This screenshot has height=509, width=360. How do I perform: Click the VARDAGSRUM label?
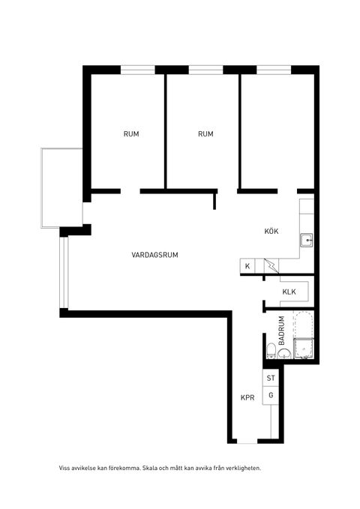point(154,255)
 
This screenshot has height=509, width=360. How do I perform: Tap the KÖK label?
point(271,231)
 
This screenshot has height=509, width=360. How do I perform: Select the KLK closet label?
point(289,292)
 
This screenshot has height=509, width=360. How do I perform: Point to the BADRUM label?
point(282,331)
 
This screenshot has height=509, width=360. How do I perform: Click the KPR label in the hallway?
point(247,397)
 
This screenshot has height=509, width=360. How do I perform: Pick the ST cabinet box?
point(271,378)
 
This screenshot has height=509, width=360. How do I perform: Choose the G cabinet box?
point(271,395)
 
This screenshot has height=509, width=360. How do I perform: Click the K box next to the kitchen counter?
point(247,266)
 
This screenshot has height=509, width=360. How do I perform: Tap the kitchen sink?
point(307,241)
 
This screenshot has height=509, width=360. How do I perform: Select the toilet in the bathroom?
point(271,352)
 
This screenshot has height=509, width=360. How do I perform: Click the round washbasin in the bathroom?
point(284,354)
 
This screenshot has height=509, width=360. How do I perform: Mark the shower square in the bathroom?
point(304,349)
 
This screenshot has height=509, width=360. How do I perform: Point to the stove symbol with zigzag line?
point(271,266)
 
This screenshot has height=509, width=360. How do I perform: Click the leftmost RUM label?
point(131,133)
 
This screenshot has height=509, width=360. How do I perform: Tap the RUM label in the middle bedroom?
point(205,133)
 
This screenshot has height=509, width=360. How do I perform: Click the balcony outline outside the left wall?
point(41,187)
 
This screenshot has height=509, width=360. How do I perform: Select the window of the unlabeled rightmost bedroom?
point(274,70)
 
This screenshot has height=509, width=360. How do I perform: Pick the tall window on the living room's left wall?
point(64,272)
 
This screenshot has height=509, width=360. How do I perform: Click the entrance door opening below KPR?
point(247,441)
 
